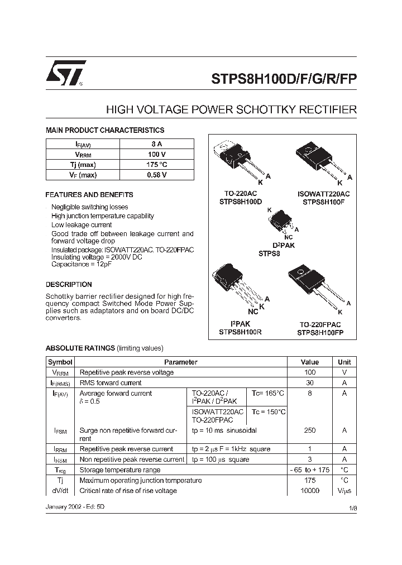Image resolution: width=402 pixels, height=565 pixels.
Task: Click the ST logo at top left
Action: [x=65, y=73]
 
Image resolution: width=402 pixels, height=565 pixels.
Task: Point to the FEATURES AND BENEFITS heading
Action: [x=89, y=195]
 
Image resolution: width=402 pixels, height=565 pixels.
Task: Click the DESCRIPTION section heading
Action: [x=69, y=284]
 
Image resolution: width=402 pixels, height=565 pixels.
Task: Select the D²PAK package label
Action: [x=283, y=245]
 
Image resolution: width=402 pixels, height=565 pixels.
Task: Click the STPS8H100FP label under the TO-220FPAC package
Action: [x=320, y=332]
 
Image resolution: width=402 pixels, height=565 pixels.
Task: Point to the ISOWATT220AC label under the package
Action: [x=323, y=194]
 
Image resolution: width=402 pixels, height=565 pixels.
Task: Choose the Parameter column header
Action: [x=181, y=362]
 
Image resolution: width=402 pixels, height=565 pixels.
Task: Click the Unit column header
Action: [x=344, y=362]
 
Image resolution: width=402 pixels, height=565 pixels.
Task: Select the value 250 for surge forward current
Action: [x=309, y=430]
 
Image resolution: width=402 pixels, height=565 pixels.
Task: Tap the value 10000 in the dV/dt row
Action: [x=309, y=490]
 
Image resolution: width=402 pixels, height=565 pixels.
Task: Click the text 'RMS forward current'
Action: [x=111, y=383]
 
